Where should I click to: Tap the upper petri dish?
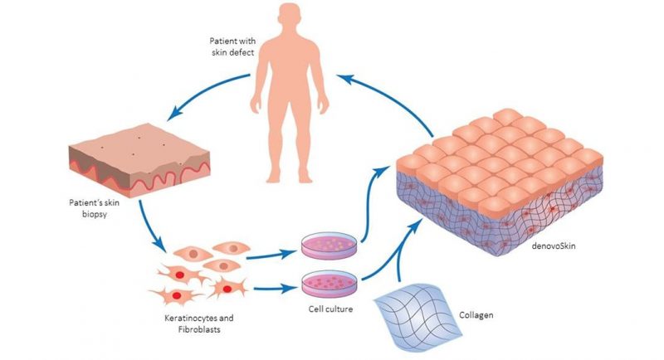(x=321, y=246)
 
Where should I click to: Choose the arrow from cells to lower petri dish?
(x=274, y=289)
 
